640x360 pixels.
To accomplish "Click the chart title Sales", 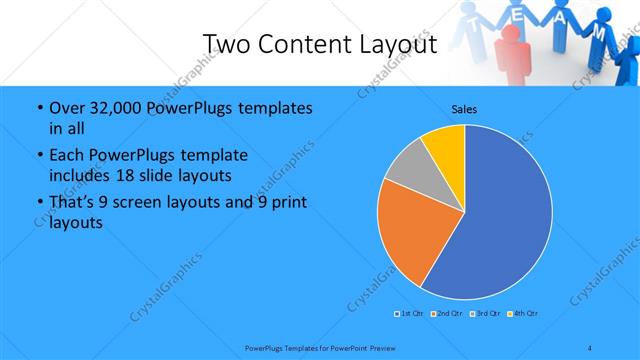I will click(464, 108).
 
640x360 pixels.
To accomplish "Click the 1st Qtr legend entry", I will click(410, 314).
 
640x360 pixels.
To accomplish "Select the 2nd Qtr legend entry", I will click(447, 314).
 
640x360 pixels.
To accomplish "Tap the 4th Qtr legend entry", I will click(524, 314).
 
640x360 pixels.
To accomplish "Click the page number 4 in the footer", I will click(590, 347).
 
